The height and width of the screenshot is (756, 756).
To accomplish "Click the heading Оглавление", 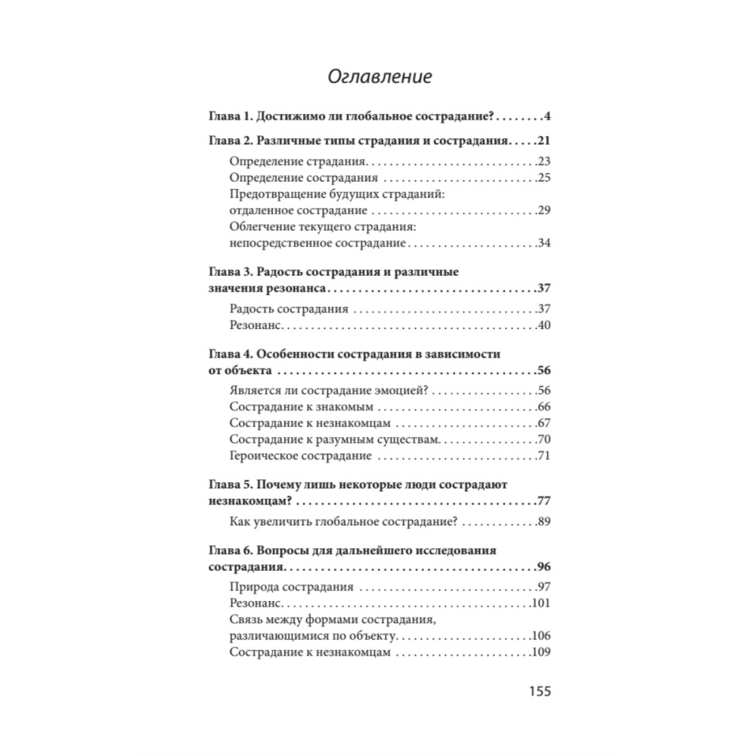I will (380, 77).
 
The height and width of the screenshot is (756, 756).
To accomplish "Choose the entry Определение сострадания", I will (303, 178).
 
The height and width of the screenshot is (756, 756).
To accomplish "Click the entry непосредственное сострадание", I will (318, 243).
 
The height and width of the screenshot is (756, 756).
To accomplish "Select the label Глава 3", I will (229, 272).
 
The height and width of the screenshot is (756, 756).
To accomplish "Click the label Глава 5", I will (229, 484).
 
